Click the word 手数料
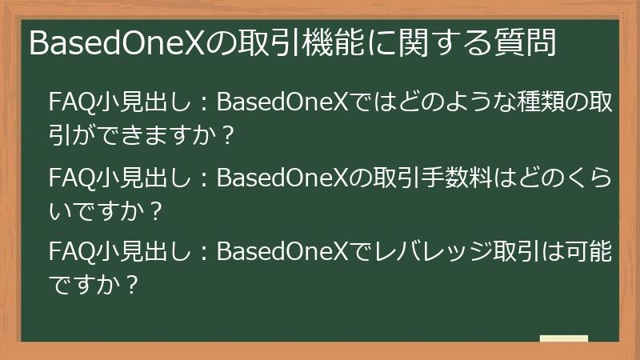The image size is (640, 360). (x=439, y=178)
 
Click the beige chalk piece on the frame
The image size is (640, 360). (x=563, y=339)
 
